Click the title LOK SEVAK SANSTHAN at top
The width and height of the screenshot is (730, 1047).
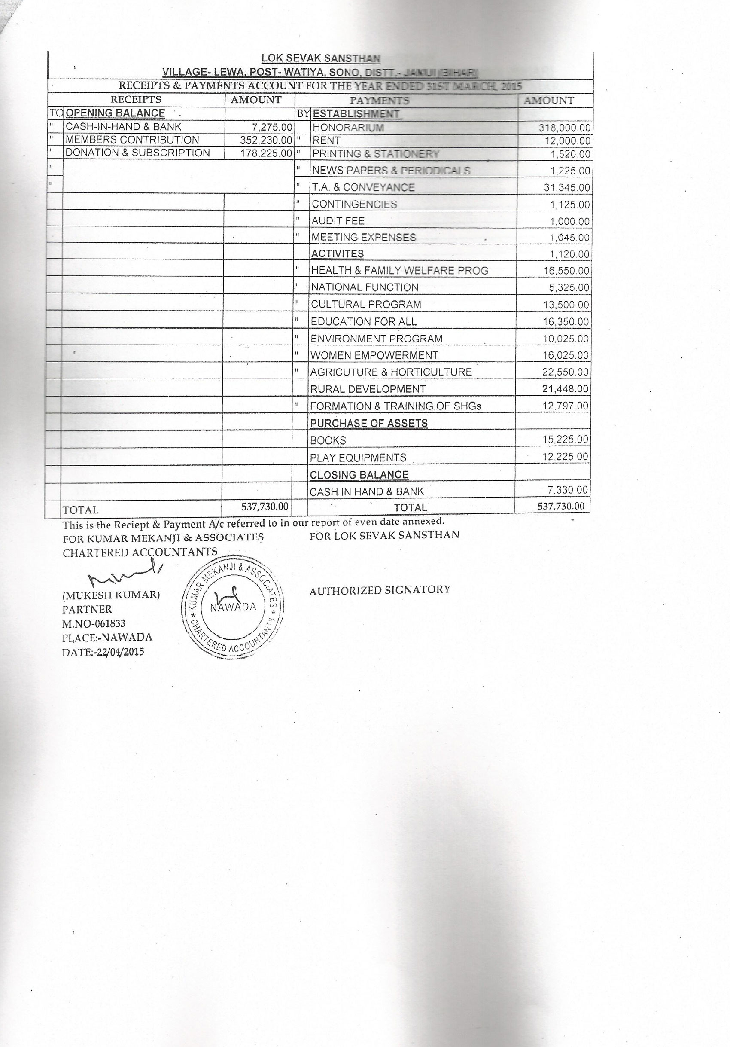[320, 58]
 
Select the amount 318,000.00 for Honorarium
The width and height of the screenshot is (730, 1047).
[565, 128]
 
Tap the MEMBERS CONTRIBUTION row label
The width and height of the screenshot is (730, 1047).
[132, 140]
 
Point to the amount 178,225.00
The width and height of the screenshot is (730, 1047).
[266, 153]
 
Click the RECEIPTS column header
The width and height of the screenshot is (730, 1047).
[136, 99]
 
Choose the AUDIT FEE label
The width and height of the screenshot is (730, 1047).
[338, 221]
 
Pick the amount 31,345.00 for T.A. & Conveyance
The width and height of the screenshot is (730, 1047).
[567, 187]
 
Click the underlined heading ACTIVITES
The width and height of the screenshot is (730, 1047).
[337, 254]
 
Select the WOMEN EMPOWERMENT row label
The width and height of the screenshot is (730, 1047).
[374, 355]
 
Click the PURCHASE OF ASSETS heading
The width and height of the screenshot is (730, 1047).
[368, 423]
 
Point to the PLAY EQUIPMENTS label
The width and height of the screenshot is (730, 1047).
[358, 458]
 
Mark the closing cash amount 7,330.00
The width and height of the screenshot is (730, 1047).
[567, 490]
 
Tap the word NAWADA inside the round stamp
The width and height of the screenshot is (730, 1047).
[233, 607]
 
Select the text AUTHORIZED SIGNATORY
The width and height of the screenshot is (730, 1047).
[380, 590]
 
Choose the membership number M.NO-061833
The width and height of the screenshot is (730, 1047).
[94, 623]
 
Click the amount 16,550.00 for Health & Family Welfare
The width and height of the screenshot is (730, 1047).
[566, 271]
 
